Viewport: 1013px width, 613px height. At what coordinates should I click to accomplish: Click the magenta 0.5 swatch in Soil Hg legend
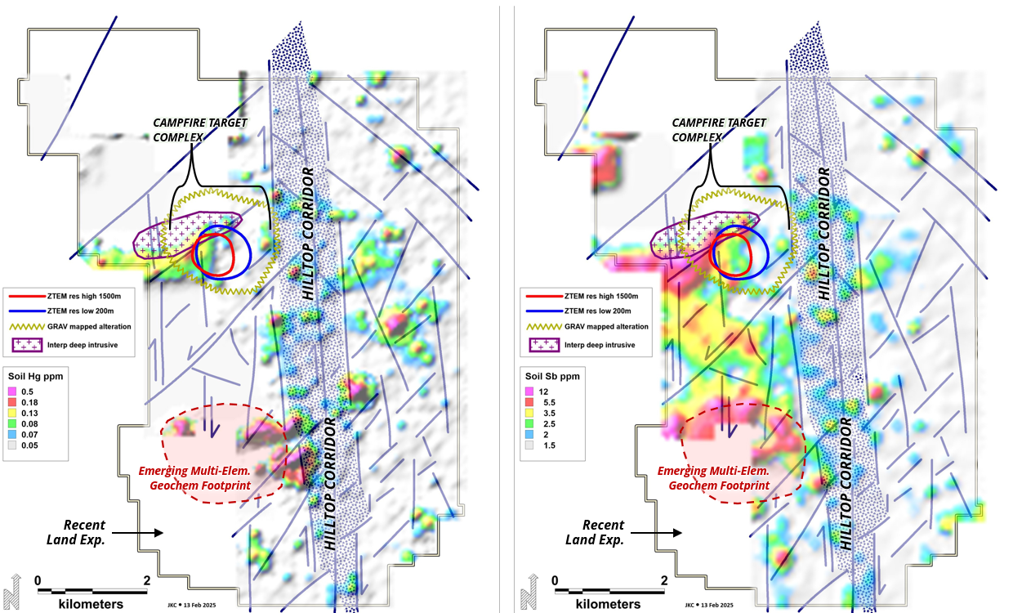[x=12, y=392]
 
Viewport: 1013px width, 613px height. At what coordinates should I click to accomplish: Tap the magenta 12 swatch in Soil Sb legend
[x=529, y=392]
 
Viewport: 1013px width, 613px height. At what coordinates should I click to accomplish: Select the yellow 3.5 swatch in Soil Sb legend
[x=529, y=413]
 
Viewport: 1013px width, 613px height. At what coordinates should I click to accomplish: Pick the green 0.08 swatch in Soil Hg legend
[x=12, y=424]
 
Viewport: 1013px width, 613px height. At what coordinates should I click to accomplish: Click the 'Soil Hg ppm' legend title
[x=35, y=377]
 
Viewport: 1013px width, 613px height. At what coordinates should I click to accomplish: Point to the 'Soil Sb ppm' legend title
[x=552, y=377]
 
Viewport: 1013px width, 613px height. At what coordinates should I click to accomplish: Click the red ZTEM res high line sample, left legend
[x=27, y=297]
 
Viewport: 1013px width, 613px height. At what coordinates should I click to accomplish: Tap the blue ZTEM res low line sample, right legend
[x=544, y=311]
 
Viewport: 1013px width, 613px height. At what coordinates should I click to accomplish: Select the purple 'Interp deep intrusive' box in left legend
[x=28, y=345]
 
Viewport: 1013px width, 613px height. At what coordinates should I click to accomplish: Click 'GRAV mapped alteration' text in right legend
[x=606, y=327]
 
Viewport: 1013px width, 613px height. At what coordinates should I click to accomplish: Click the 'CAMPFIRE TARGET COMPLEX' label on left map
[x=200, y=130]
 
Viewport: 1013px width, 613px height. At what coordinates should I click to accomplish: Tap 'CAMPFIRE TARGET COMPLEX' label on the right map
[x=719, y=130]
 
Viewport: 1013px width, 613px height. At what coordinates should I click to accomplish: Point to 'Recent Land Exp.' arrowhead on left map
[x=158, y=533]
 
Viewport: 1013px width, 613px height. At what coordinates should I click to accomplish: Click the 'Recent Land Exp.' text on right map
[x=596, y=532]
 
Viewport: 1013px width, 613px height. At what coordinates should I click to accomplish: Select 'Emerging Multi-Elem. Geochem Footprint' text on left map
[x=195, y=478]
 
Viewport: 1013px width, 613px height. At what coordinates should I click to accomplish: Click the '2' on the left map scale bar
[x=146, y=580]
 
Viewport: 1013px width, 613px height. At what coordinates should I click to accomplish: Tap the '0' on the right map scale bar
[x=555, y=580]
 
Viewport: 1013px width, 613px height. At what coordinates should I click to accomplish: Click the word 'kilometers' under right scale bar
[x=609, y=604]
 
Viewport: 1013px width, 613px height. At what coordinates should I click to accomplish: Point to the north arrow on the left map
[x=12, y=592]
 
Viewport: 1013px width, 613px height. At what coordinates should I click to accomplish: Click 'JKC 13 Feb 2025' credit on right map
[x=709, y=605]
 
